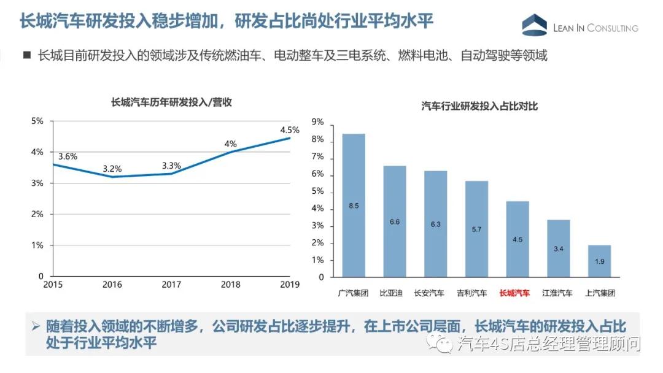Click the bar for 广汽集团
click(354, 206)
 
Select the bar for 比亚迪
click(395, 221)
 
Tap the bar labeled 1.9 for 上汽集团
click(599, 261)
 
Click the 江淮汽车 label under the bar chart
click(557, 293)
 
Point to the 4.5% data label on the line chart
click(289, 130)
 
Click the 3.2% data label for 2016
click(112, 168)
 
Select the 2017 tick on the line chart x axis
click(171, 285)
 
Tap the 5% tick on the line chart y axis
click(37, 121)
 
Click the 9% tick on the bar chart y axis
click(318, 122)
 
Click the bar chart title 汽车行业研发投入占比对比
click(479, 107)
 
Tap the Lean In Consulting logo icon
click(534, 25)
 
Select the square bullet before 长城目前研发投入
click(27, 55)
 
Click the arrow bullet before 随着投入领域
click(36, 326)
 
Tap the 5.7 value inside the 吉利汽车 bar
click(476, 229)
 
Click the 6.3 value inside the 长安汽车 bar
click(435, 224)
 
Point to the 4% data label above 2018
click(230, 144)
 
